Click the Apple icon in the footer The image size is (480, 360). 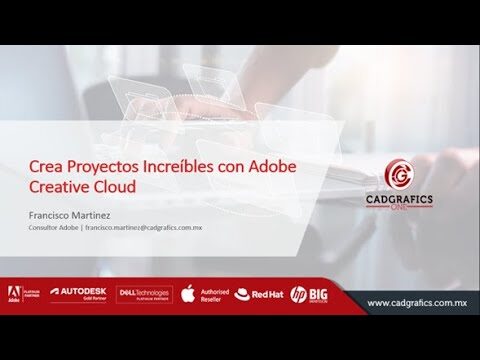pos(186,294)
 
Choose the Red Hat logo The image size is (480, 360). pos(259,295)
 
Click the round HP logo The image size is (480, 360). pos(298,295)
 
